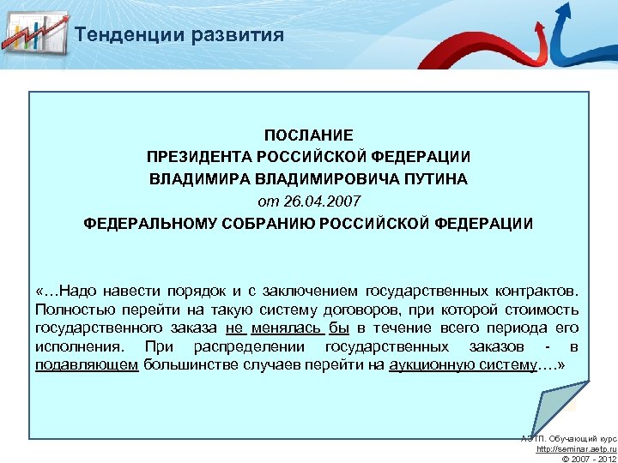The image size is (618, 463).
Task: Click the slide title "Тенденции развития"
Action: point(179,35)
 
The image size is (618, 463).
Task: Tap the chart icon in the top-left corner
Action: point(35,33)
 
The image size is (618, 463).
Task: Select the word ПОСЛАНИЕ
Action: point(308,135)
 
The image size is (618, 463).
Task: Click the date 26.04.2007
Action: point(322,201)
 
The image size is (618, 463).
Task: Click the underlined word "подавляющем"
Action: point(87,364)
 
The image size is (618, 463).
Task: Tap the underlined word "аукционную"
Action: point(430,364)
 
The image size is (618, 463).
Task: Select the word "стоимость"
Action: point(543,310)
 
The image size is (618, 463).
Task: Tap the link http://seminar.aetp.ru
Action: point(574,449)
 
